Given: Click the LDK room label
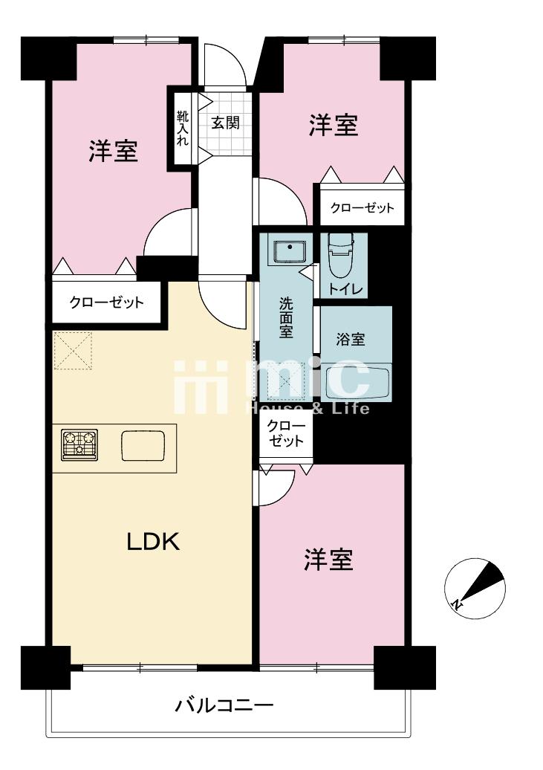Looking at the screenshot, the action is tap(154, 542).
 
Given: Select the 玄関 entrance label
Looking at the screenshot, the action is tap(225, 123).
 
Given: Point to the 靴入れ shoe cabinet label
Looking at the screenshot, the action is tap(183, 129).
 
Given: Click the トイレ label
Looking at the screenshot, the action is tap(345, 289).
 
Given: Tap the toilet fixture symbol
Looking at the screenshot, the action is tap(342, 251).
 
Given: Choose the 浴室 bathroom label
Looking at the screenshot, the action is tap(351, 339).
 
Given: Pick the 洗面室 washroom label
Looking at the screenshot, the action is tap(286, 317).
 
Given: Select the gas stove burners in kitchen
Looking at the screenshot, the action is tap(79, 445).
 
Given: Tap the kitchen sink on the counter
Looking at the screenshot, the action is tap(143, 445).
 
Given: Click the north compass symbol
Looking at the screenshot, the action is tap(474, 588).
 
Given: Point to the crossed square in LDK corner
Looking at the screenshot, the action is tap(72, 351).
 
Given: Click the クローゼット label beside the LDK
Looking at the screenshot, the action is tap(106, 302).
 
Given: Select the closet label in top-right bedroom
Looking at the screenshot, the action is tap(362, 208).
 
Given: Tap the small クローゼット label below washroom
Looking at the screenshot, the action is tap(286, 433).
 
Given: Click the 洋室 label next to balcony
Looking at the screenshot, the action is tap(328, 560).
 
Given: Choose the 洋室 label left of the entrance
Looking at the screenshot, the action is tap(114, 151).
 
